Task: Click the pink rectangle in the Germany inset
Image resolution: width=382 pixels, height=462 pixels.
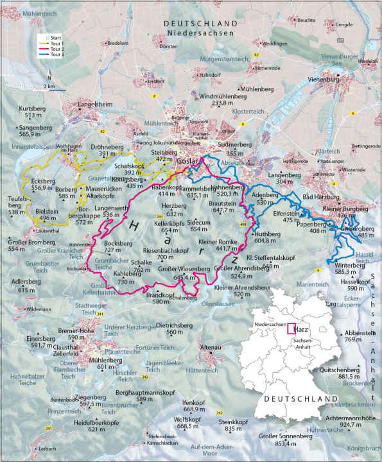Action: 290,329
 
